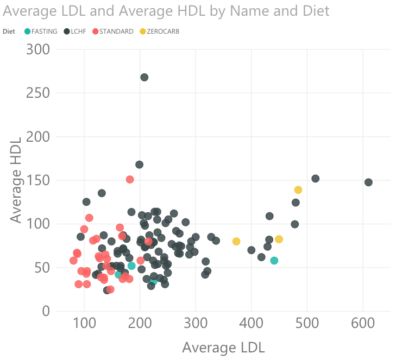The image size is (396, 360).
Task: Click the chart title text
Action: (x=166, y=11)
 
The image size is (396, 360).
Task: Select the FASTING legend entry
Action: (x=41, y=31)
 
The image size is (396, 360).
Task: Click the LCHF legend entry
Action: (x=75, y=31)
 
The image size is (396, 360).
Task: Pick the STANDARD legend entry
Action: (x=112, y=31)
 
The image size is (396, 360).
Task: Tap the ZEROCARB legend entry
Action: (x=160, y=31)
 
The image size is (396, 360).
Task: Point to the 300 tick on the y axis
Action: (x=38, y=49)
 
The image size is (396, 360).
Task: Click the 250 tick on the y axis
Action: (x=38, y=93)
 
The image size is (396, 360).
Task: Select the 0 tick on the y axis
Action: (x=46, y=311)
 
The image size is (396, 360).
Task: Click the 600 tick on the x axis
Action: (x=363, y=323)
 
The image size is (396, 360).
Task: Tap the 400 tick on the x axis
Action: (x=251, y=323)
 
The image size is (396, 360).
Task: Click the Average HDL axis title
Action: (x=16, y=180)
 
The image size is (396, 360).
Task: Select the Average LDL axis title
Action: (x=223, y=348)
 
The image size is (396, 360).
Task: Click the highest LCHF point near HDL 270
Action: (x=144, y=77)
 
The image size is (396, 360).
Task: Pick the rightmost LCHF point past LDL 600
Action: (x=368, y=182)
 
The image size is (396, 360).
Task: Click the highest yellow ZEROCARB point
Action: (x=298, y=190)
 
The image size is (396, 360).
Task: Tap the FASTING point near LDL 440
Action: (x=274, y=261)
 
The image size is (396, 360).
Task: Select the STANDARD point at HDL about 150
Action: (x=130, y=180)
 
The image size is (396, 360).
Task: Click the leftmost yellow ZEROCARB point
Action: (x=236, y=241)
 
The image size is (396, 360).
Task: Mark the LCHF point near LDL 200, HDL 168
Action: (x=139, y=165)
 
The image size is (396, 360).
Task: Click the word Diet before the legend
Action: (x=9, y=31)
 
